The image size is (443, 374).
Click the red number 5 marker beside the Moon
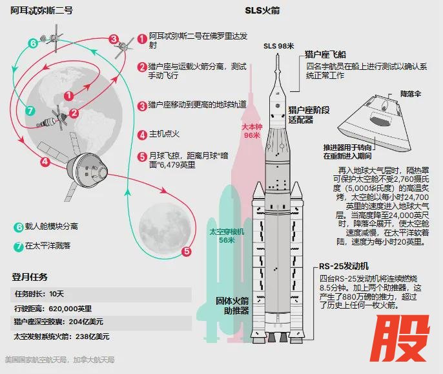point(187,252)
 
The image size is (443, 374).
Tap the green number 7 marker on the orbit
point(30,111)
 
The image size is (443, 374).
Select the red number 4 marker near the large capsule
point(45,162)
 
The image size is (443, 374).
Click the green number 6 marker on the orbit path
point(33,43)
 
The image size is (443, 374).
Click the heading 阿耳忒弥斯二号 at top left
point(42,10)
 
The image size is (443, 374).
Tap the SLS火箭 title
point(262,10)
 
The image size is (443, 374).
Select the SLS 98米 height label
point(278,46)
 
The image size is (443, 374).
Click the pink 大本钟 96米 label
point(252,131)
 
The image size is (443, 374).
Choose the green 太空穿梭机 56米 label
point(227,236)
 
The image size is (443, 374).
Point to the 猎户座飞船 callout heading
point(325,54)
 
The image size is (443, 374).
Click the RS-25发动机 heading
point(344,266)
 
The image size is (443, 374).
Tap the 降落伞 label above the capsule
point(411,94)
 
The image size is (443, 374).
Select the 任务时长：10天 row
point(39,294)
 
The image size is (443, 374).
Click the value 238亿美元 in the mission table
point(92,336)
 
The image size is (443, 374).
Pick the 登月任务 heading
point(30,277)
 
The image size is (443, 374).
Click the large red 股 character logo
point(400,338)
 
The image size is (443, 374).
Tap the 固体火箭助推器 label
point(232,305)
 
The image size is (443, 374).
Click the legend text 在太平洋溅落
point(48,245)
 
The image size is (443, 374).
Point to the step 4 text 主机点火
point(164,134)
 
